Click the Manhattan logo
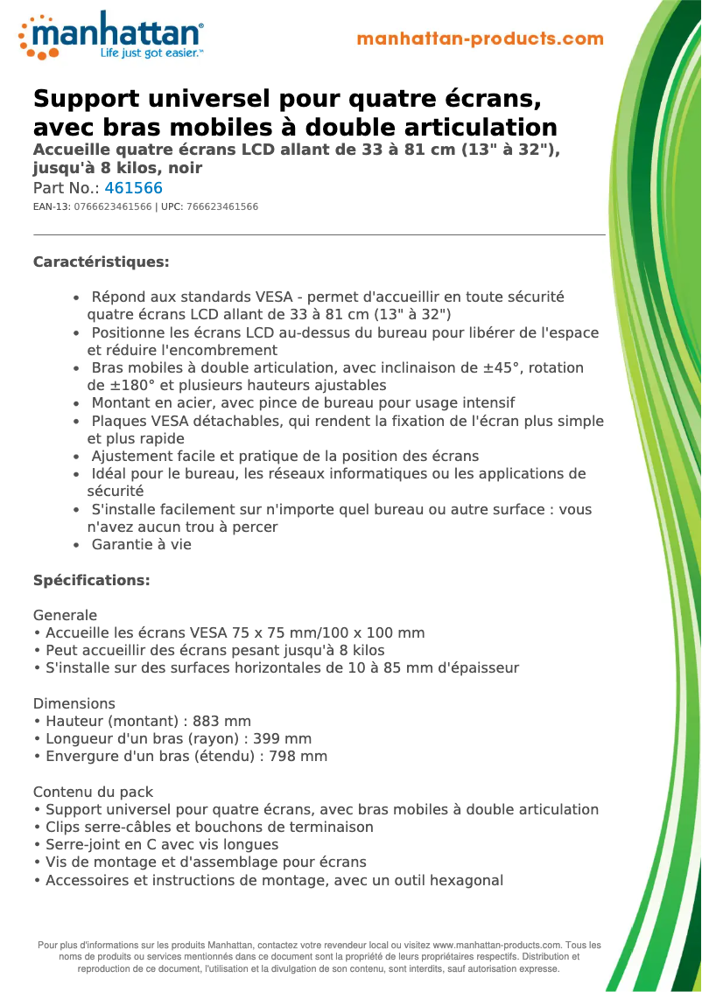coord(111,36)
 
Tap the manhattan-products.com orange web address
coord(481,39)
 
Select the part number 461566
coord(133,188)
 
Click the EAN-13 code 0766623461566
coord(113,207)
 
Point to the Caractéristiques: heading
coord(101,262)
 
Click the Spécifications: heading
coord(91,581)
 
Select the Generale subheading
coord(65,616)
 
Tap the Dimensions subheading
coord(74,704)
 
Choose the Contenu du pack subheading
coord(93,793)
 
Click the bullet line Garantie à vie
coord(141,545)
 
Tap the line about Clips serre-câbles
coord(209,828)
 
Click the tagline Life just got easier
coord(151,53)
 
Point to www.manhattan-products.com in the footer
coord(496,946)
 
